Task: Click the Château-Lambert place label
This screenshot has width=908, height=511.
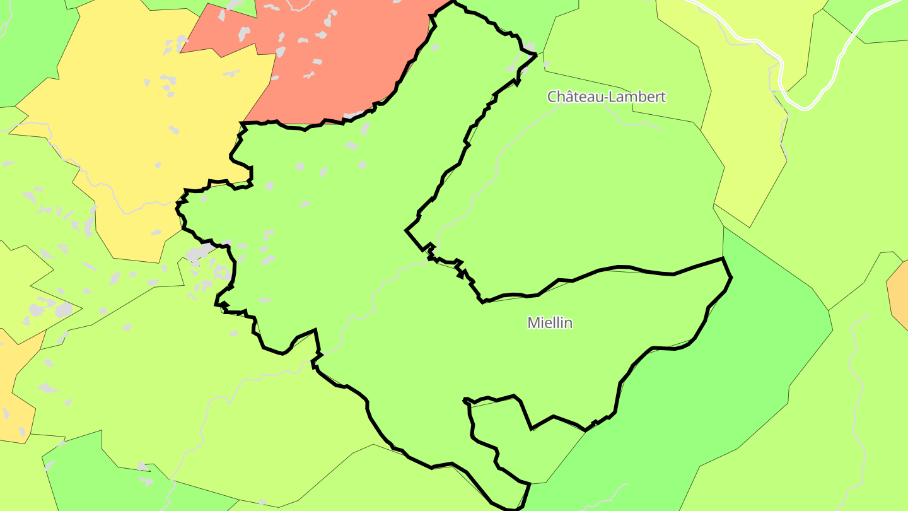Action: [606, 97]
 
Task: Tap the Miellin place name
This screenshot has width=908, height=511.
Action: [550, 322]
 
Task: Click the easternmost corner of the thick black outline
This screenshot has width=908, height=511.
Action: [731, 277]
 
